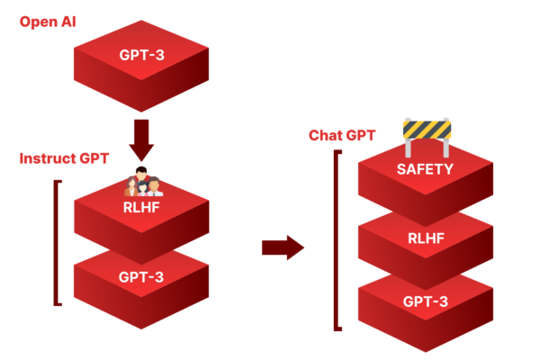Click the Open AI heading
(49, 19)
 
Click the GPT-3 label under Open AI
(141, 54)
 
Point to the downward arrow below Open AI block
(141, 134)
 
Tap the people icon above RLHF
(141, 182)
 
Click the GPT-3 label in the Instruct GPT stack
(141, 275)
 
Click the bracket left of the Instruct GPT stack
(56, 243)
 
